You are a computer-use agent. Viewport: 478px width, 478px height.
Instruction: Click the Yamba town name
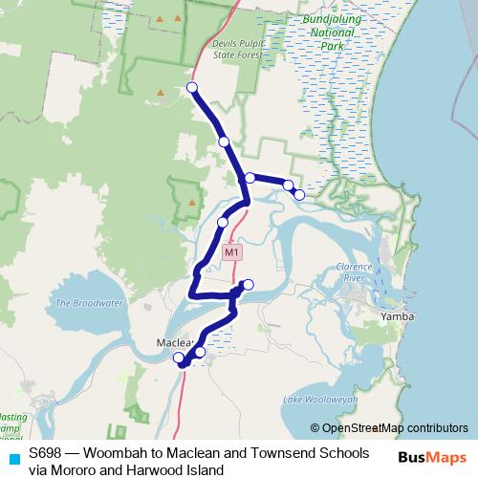click(x=395, y=315)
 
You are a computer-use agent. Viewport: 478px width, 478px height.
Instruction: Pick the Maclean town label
click(x=174, y=342)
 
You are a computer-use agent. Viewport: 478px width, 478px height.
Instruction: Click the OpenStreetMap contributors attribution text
click(x=389, y=428)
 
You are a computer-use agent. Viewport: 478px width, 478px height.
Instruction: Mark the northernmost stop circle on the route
click(x=192, y=88)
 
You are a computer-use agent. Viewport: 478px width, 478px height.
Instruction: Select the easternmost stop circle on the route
click(x=299, y=195)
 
